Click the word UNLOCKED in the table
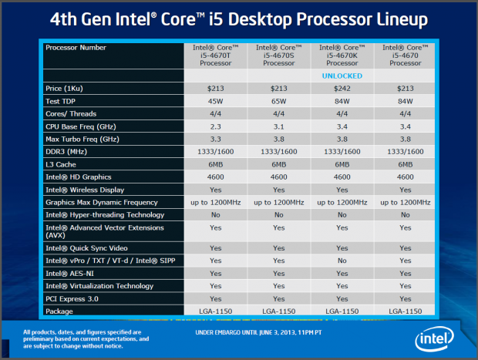point(341,76)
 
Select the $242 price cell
point(341,89)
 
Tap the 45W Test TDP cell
point(215,101)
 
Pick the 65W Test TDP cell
point(278,101)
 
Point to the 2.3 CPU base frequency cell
point(215,126)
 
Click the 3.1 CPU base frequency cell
point(278,126)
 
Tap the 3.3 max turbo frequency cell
point(215,138)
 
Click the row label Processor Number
point(76,48)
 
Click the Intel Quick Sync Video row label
point(87,247)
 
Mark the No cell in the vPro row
point(341,261)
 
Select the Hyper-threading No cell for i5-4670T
point(215,214)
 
